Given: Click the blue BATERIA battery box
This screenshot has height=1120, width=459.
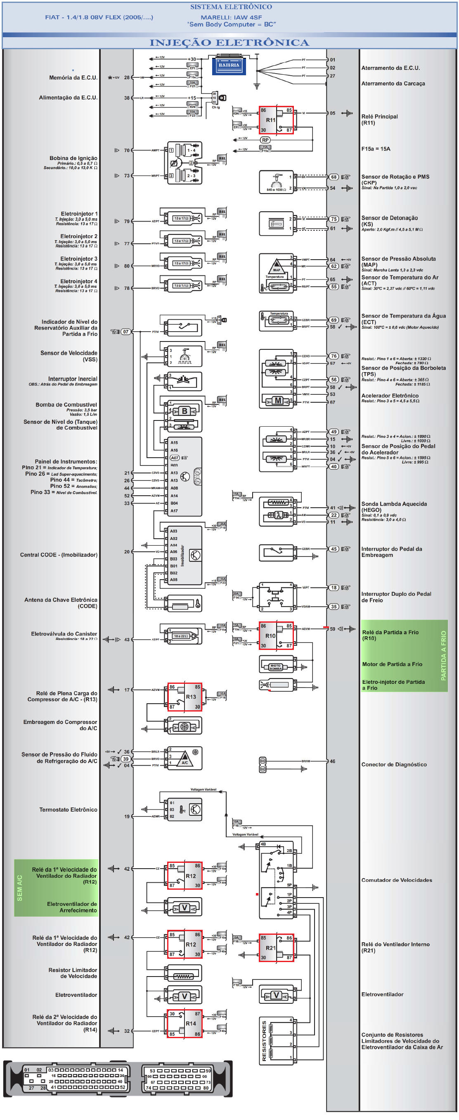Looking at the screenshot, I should tap(229, 66).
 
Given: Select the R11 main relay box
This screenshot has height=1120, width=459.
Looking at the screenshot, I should tap(276, 120).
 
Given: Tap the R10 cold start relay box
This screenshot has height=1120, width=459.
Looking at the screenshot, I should tap(276, 635).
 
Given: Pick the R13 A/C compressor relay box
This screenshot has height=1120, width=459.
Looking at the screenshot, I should tap(185, 697).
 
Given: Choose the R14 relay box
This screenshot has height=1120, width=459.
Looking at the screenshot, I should tap(185, 1024).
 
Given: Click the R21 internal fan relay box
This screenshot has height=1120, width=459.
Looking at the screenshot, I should tap(276, 948).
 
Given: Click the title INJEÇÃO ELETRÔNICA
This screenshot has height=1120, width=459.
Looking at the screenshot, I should tap(229, 43).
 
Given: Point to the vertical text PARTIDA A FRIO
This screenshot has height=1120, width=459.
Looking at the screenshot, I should tap(443, 655).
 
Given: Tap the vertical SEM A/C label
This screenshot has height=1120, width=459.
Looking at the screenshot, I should tap(19, 887).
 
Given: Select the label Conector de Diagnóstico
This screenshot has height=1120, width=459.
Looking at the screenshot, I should tap(394, 764).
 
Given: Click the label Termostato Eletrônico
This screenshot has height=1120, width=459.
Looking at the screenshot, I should tap(68, 810).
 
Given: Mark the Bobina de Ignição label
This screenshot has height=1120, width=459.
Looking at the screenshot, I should tap(73, 158).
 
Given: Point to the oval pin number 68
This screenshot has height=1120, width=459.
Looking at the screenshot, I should tap(334, 177).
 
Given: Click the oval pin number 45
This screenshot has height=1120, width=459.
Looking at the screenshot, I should tap(334, 549).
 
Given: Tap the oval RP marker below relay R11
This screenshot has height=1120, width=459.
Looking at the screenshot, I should tap(265, 140).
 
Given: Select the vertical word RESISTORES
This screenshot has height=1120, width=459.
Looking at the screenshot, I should tap(264, 1041).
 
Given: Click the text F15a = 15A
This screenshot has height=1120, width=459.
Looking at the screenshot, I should tap(376, 149).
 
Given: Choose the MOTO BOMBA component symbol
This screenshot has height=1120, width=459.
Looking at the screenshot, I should tap(276, 666).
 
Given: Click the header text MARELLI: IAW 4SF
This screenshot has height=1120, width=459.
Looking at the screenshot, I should tap(231, 17).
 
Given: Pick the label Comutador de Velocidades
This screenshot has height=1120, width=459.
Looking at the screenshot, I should tap(397, 880).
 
